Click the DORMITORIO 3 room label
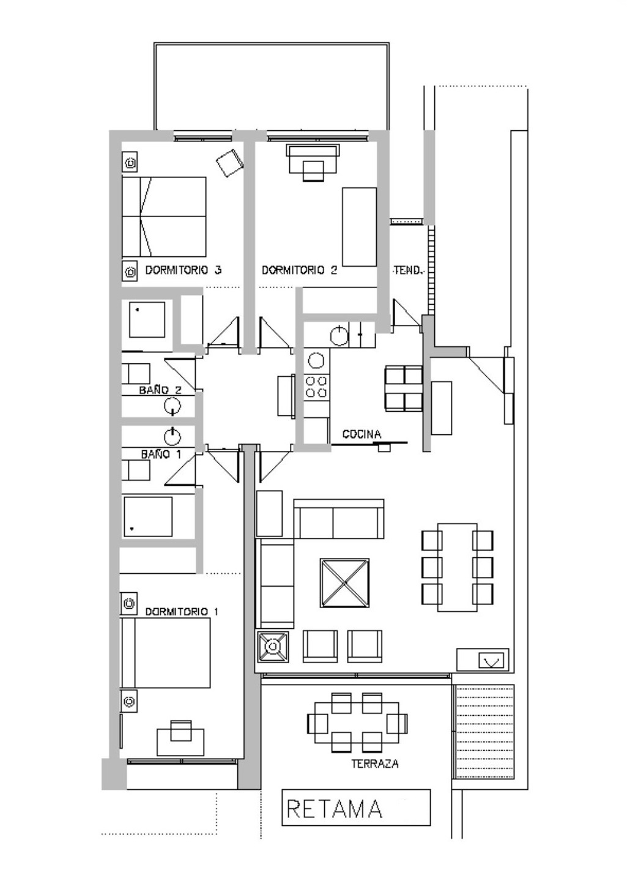tap(183, 270)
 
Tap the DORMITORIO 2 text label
tap(299, 270)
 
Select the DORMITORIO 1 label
tap(182, 612)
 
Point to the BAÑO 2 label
tap(160, 390)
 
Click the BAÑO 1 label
tap(161, 454)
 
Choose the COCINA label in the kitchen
tap(362, 434)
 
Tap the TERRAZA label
tap(375, 763)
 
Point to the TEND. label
tap(408, 270)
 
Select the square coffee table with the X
tap(345, 582)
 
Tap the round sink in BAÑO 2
tap(173, 406)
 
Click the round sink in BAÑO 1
tap(173, 437)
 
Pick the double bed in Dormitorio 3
tap(164, 217)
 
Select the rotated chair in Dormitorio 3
tap(230, 163)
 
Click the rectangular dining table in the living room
tap(458, 568)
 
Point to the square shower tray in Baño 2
tap(147, 319)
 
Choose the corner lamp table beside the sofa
tap(273, 647)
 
